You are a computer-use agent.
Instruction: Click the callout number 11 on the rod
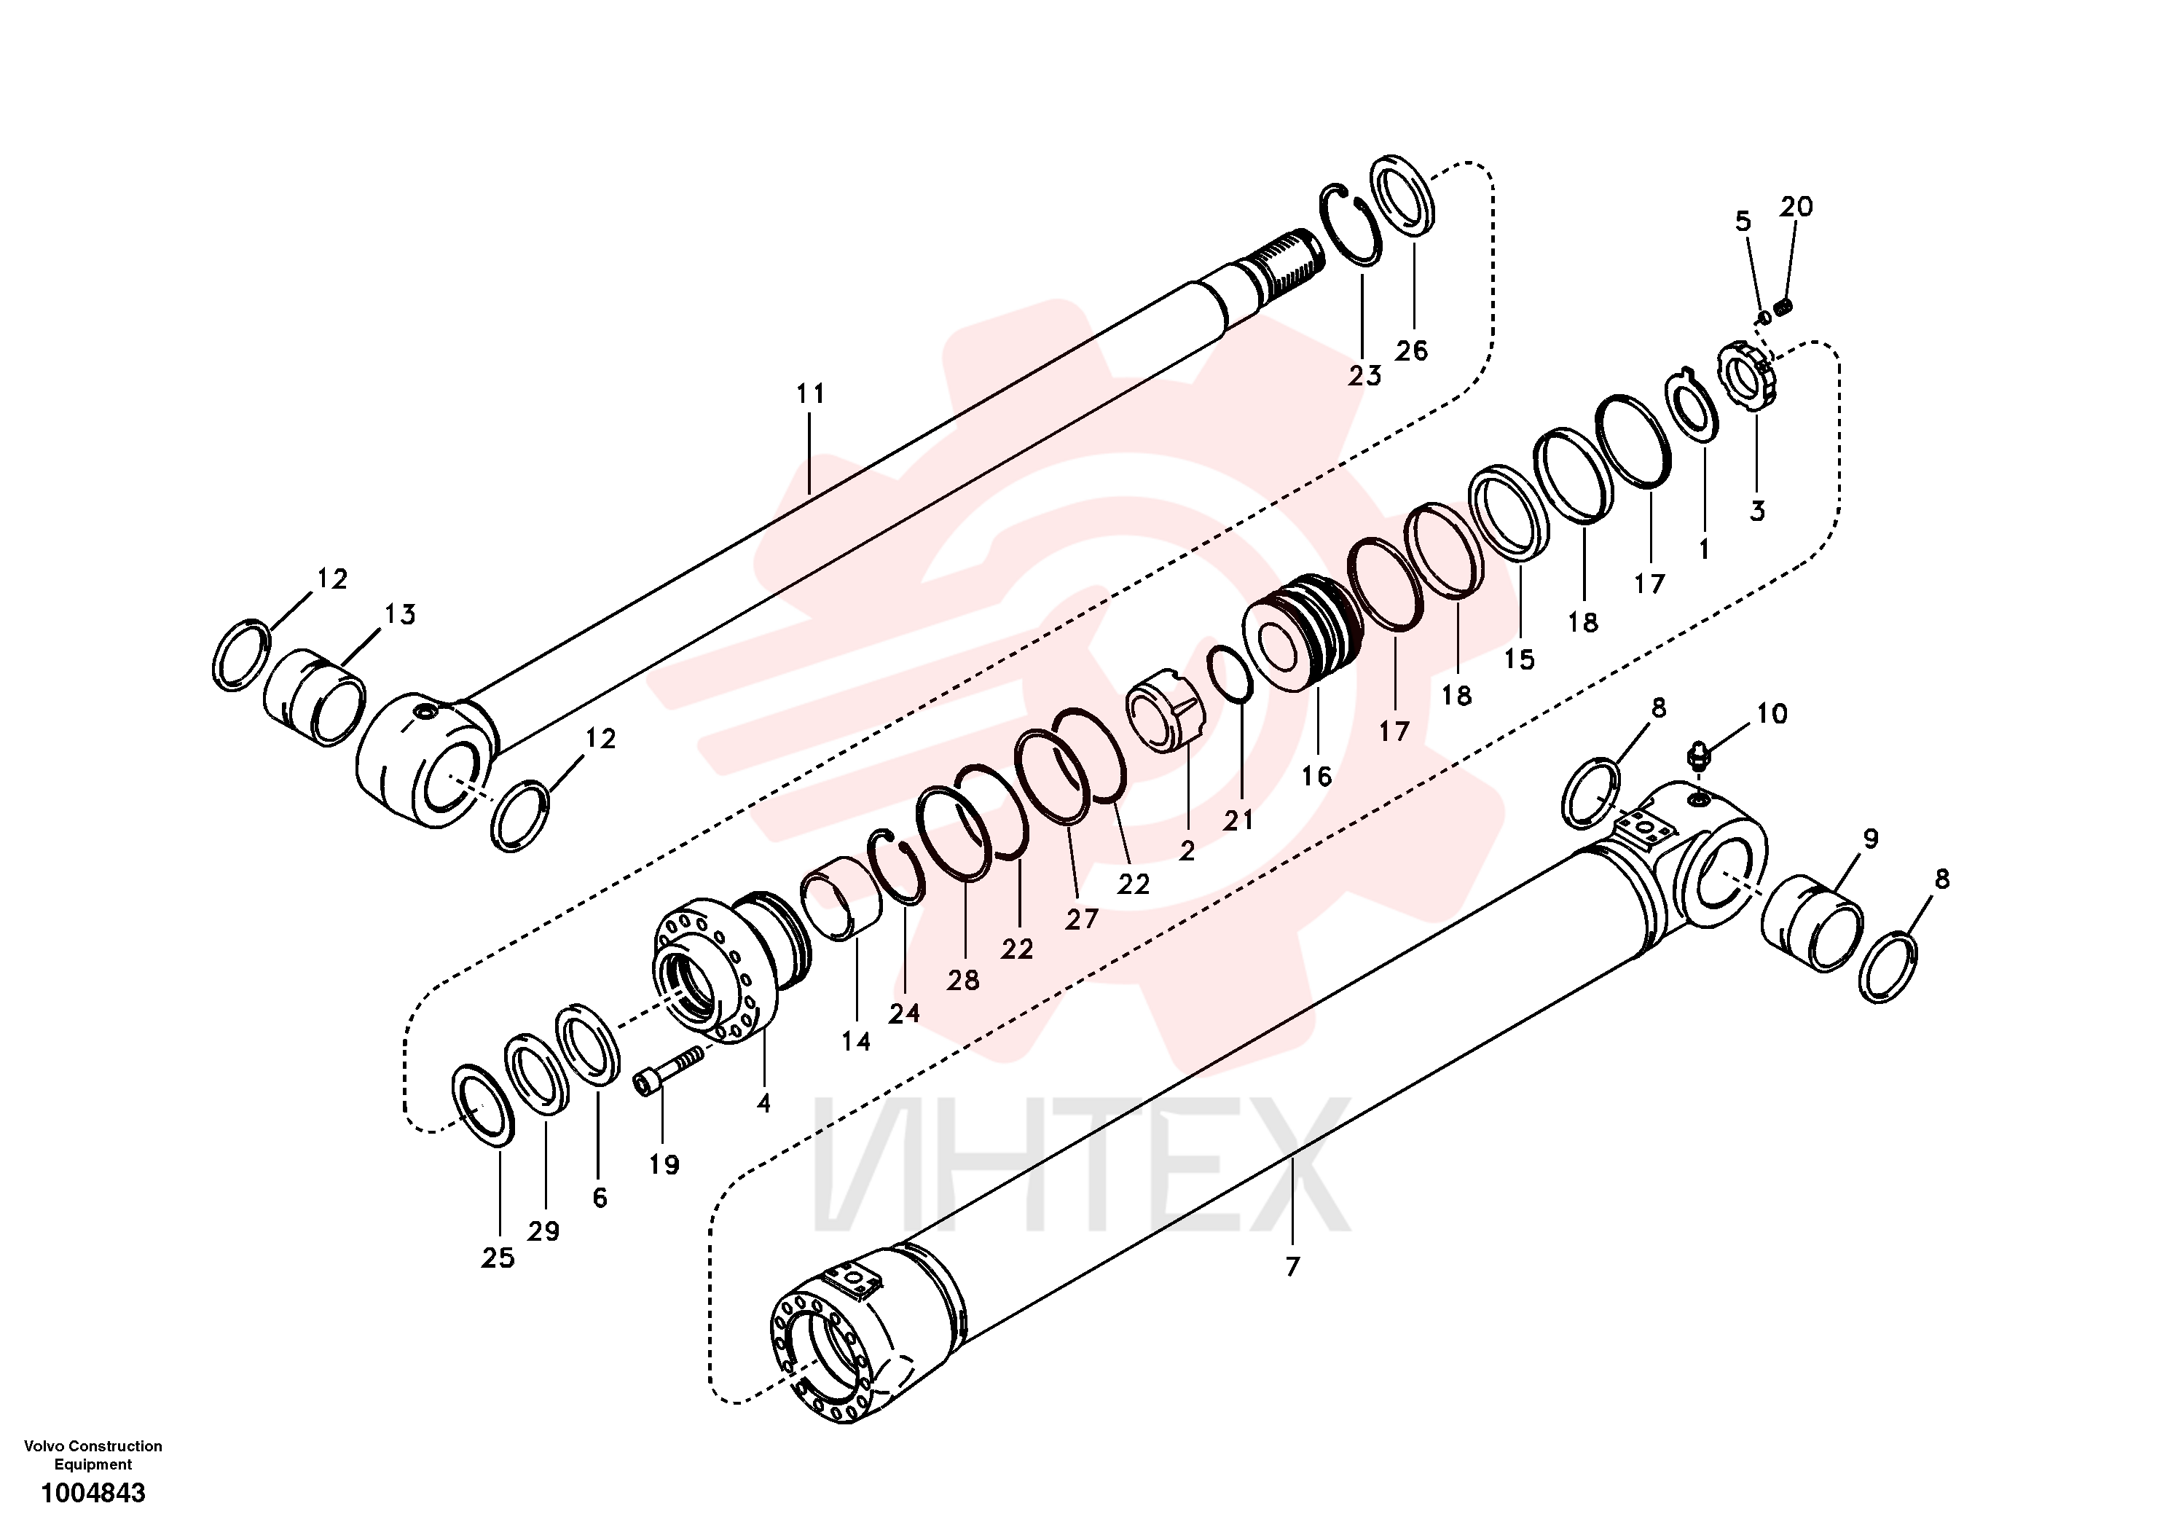tap(810, 394)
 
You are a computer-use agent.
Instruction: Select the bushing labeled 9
tap(1812, 922)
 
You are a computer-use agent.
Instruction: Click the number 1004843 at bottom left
tap(93, 1493)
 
